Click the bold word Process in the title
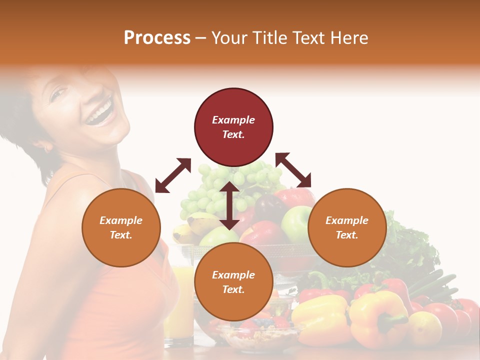157,38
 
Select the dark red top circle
233,127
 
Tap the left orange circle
121,227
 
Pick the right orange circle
347,227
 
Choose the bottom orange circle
233,282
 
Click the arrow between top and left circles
173,175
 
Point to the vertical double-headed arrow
229,205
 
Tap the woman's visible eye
59,93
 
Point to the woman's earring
48,148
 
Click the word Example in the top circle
233,120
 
